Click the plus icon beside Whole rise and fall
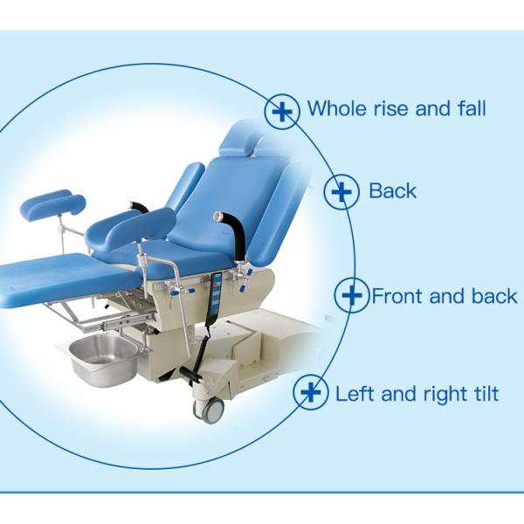282,112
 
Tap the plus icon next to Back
341,191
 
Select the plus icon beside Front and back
352,296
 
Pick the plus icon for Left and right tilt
311,393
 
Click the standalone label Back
393,190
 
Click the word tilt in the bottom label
484,394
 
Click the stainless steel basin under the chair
102,358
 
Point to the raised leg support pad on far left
52,204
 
